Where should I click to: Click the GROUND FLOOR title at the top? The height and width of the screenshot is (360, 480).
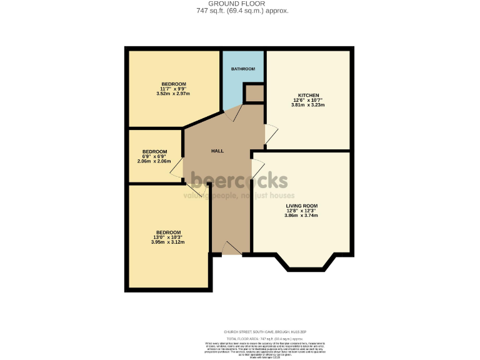point(239,3)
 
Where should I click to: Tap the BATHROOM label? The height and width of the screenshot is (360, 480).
point(243,69)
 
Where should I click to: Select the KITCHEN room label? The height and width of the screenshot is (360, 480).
point(308,95)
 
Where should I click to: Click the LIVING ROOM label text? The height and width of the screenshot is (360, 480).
point(302,206)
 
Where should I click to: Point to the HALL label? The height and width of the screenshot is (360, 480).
point(217,151)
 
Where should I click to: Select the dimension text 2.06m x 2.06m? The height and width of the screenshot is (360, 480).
point(154,161)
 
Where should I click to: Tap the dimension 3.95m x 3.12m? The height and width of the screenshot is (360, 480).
point(168,242)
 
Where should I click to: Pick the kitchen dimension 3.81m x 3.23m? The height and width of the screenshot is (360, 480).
point(308,105)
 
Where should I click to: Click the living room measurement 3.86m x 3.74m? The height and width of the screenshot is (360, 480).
point(302,216)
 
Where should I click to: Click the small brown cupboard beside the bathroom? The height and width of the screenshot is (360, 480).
point(253,94)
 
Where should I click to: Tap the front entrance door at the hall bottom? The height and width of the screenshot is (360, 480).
point(232,247)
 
